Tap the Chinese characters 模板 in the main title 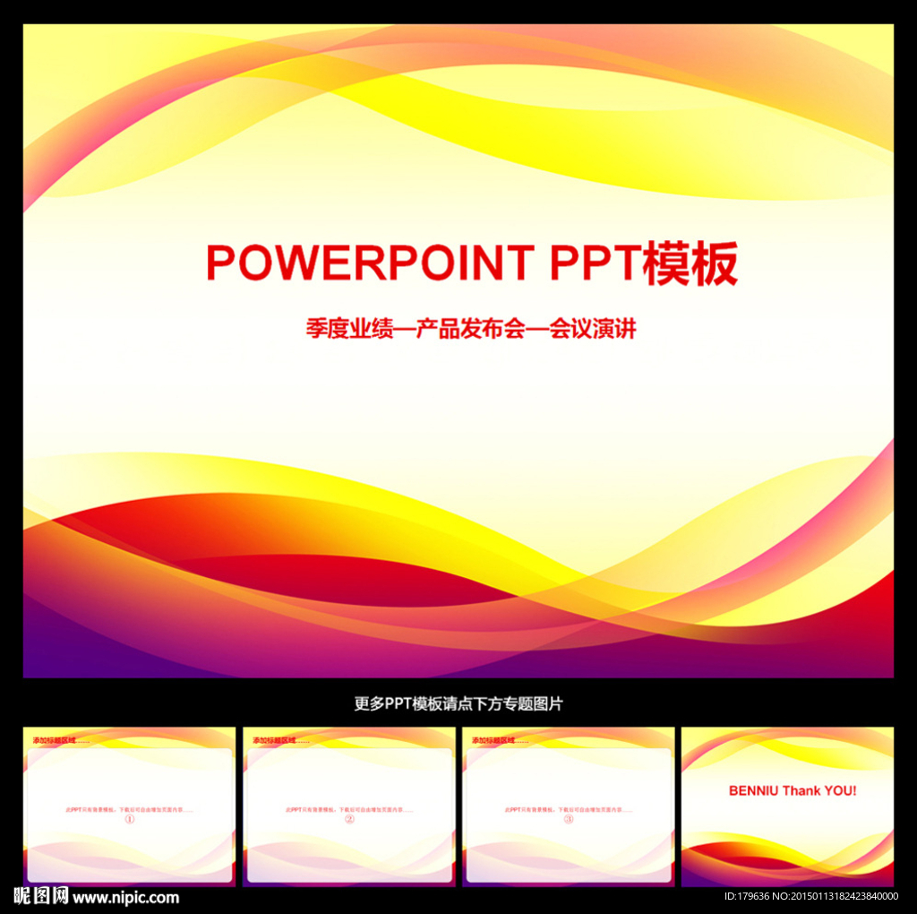point(690,263)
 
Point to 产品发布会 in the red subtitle point(458,329)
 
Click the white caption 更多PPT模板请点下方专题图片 point(458,703)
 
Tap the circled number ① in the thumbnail point(129,819)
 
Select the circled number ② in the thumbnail point(349,819)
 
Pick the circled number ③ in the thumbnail point(569,819)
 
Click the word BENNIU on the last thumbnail point(754,790)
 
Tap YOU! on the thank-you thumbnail point(839,790)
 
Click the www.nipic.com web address point(125,897)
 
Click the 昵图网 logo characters point(41,896)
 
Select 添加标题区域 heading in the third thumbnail point(494,740)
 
